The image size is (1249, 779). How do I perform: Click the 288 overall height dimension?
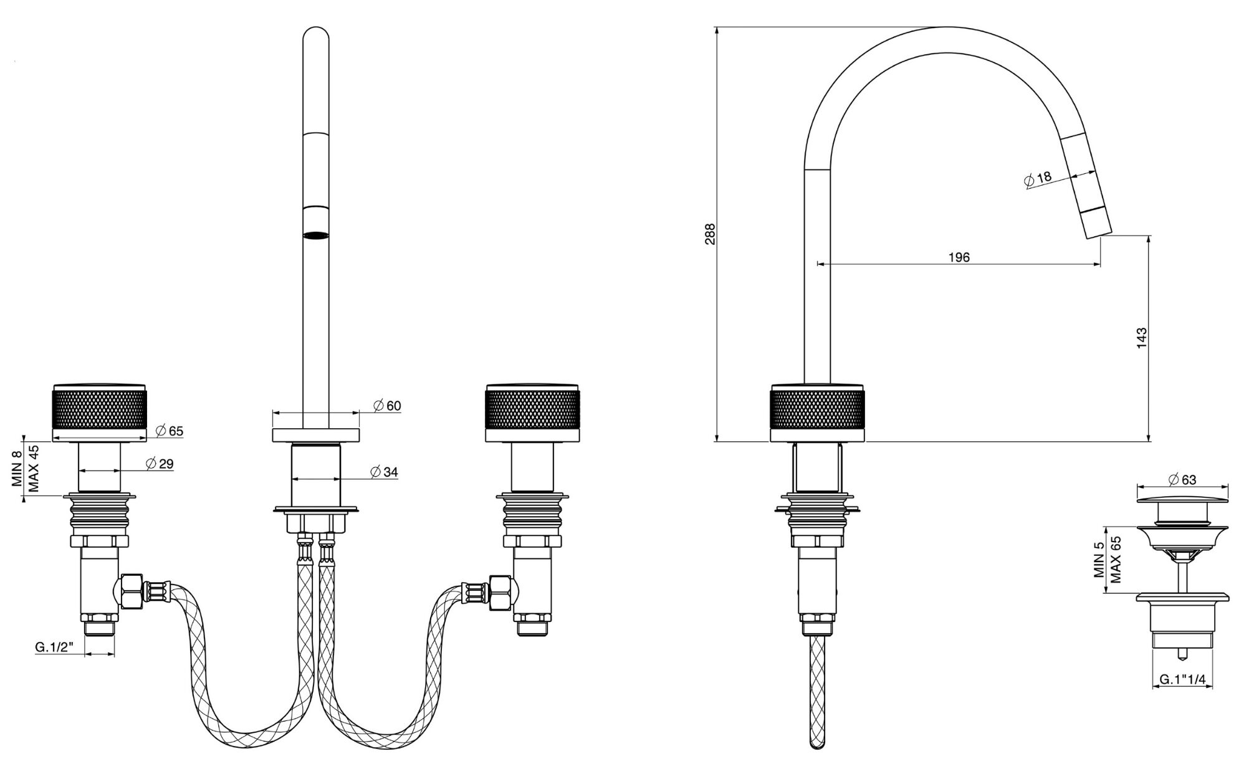click(710, 234)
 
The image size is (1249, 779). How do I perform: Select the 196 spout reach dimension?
click(959, 257)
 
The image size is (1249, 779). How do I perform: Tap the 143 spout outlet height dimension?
click(1141, 337)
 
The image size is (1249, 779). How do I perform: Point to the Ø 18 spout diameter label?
click(1038, 179)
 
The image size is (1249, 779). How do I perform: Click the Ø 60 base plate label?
click(387, 406)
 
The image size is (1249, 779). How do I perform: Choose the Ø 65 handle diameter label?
click(170, 431)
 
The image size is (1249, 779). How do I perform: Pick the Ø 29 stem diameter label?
click(159, 463)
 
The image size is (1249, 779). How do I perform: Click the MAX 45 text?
click(34, 468)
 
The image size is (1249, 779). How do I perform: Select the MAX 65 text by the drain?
click(1116, 559)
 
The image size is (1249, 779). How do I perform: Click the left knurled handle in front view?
click(99, 408)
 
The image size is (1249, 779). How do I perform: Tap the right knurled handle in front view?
click(532, 408)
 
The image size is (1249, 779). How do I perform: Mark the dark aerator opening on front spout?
click(315, 236)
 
